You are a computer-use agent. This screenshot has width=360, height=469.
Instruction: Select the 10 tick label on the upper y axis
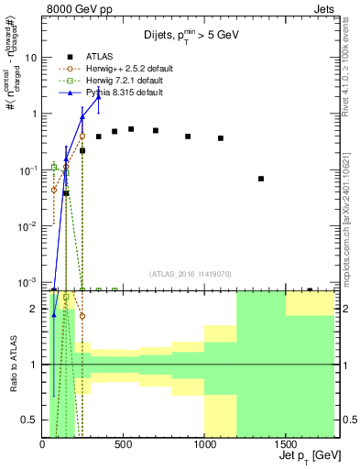click(30, 57)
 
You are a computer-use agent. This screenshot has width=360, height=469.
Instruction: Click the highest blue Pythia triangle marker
click(98, 96)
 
